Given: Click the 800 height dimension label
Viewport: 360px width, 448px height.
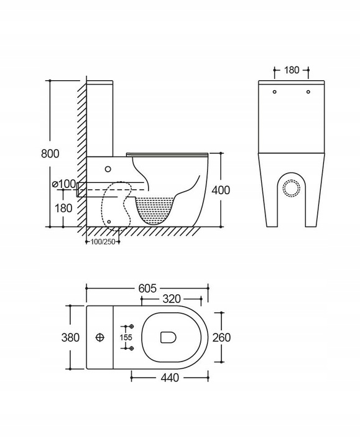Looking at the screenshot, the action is point(50,154).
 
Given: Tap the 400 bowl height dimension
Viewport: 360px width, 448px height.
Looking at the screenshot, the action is point(221,190).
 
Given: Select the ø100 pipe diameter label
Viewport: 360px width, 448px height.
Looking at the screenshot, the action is point(64,184).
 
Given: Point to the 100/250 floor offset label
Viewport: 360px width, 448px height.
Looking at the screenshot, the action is point(103,241).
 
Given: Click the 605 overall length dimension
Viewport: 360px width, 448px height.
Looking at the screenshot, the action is point(147,289).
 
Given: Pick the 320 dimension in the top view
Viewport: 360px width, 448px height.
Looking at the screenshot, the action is point(172,299).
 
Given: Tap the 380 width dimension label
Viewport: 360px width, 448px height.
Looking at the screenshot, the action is point(70,337).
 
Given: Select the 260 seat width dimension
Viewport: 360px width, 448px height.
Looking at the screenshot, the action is point(221,337).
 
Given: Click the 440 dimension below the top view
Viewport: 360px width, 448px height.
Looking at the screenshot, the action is point(170,378).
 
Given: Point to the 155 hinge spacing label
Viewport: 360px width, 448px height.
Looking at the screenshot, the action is point(126,337).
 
